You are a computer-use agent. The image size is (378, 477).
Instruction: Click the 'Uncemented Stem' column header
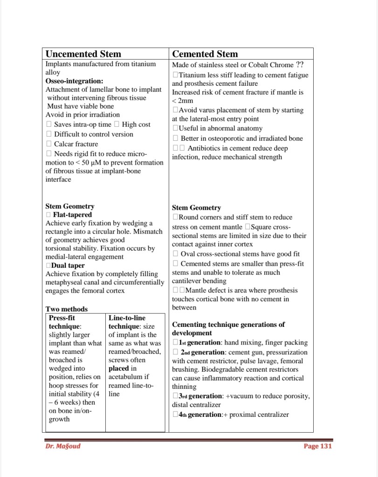coord(83,54)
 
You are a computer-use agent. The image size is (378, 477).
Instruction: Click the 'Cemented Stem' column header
coord(205,54)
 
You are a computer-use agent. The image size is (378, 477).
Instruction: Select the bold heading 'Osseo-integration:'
coord(75,81)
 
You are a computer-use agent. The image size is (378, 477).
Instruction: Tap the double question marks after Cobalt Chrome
coord(303,65)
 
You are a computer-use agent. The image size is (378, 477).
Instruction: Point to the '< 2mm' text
coord(182,101)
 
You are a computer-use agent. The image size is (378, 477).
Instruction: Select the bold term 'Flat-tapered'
coord(72,215)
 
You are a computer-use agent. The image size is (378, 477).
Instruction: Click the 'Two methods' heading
coord(67,309)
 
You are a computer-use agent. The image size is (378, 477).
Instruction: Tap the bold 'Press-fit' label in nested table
coord(62,318)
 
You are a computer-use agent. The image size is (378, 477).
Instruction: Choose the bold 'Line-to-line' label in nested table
coord(127,318)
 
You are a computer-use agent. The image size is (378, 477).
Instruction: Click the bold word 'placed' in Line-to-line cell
coord(118,368)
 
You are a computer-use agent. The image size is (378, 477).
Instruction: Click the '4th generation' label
coord(201,415)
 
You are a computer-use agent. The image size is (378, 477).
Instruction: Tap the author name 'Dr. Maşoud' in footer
coord(63,446)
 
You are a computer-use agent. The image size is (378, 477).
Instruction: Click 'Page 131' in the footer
coord(317,446)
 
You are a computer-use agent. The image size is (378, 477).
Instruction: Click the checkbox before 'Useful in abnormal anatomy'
coord(175,128)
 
